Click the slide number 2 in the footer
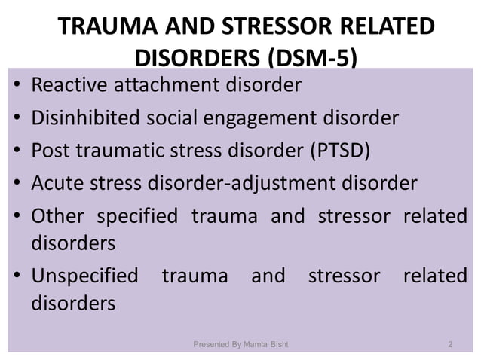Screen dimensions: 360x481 pos(450,345)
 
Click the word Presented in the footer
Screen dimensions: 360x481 pos(213,345)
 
